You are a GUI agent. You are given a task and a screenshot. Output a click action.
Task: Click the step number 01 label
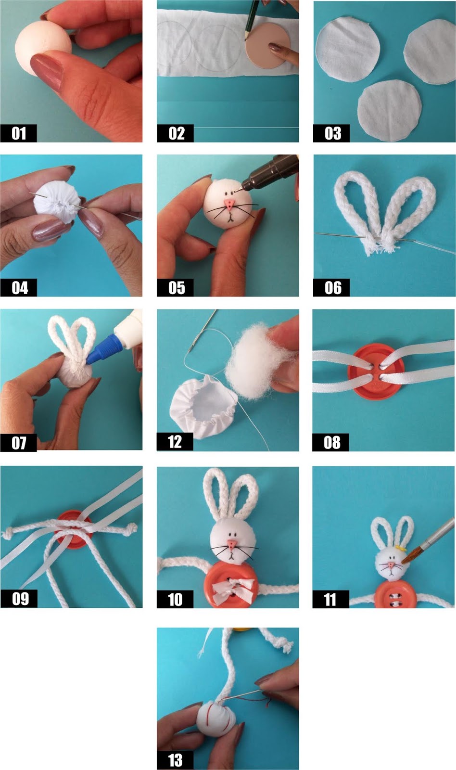[19, 133]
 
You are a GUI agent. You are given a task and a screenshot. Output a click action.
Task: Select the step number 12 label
[175, 442]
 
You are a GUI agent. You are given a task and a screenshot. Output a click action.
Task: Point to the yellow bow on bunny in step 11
[399, 548]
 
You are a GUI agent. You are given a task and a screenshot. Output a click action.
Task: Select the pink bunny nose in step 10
[232, 543]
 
